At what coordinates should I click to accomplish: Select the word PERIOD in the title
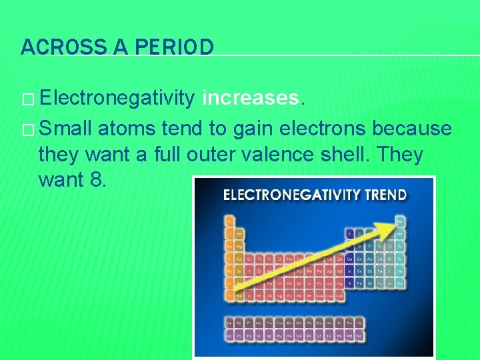pyautogui.click(x=175, y=47)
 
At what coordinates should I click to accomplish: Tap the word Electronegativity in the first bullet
pyautogui.click(x=117, y=99)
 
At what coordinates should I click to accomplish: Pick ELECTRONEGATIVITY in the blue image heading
pyautogui.click(x=293, y=195)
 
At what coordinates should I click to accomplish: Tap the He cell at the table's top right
pyautogui.click(x=400, y=220)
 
